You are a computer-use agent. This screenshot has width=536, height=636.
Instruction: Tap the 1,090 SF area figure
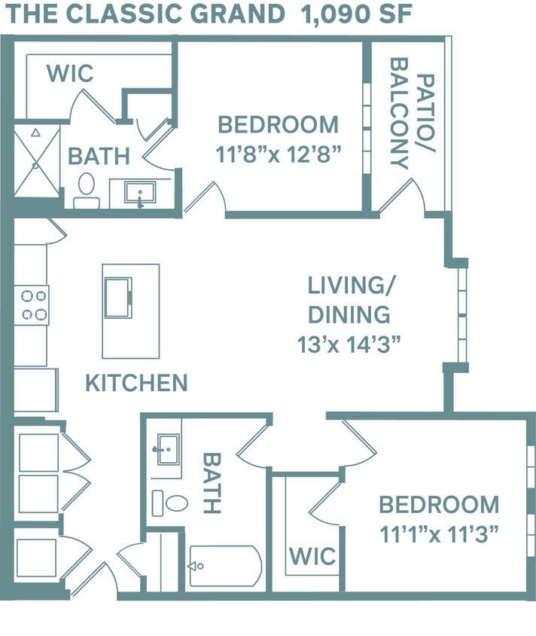pyautogui.click(x=356, y=14)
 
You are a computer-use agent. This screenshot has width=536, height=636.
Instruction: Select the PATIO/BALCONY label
pyautogui.click(x=410, y=121)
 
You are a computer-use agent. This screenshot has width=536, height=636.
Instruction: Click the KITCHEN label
pyautogui.click(x=136, y=383)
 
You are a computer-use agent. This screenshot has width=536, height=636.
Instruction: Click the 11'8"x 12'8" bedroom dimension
pyautogui.click(x=279, y=154)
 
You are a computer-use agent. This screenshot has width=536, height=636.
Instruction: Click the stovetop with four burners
pyautogui.click(x=32, y=304)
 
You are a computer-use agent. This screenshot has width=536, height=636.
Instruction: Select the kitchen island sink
pyautogui.click(x=118, y=298)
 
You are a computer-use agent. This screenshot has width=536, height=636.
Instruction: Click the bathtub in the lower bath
pyautogui.click(x=225, y=565)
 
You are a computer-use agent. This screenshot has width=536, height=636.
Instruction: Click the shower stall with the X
pyautogui.click(x=36, y=161)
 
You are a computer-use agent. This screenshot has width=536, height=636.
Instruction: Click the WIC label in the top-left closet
pyautogui.click(x=70, y=74)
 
